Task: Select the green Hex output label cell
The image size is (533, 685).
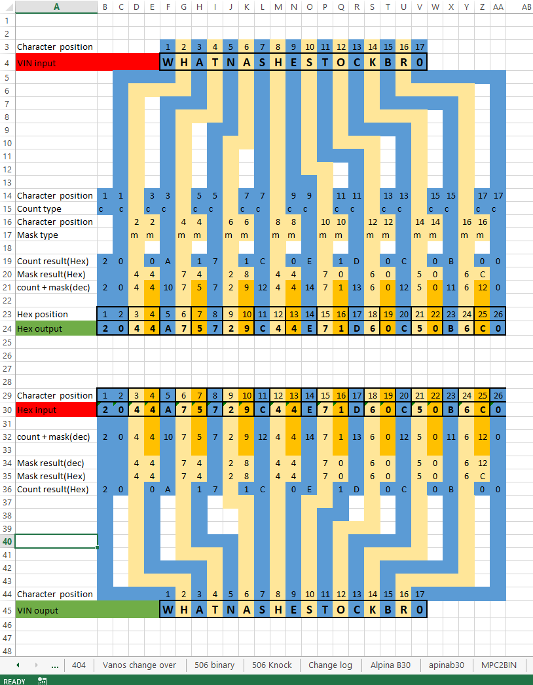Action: [56, 328]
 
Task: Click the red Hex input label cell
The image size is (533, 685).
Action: [56, 410]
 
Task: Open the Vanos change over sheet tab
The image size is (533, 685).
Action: [139, 665]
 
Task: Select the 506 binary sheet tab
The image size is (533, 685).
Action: [214, 665]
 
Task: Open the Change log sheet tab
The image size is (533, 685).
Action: [330, 665]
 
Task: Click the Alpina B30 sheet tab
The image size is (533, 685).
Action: [390, 665]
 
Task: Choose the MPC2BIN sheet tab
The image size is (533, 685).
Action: [498, 665]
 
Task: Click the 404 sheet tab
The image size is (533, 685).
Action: [79, 665]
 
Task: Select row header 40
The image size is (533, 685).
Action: [7, 541]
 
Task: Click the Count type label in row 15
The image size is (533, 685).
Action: [39, 208]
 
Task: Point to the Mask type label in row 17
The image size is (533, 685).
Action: [37, 235]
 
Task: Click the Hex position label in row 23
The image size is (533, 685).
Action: [43, 314]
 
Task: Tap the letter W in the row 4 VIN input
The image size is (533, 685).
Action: [168, 62]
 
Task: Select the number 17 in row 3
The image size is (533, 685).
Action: [420, 47]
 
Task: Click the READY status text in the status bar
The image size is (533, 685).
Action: [15, 681]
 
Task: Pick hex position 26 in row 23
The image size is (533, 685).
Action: [498, 314]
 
